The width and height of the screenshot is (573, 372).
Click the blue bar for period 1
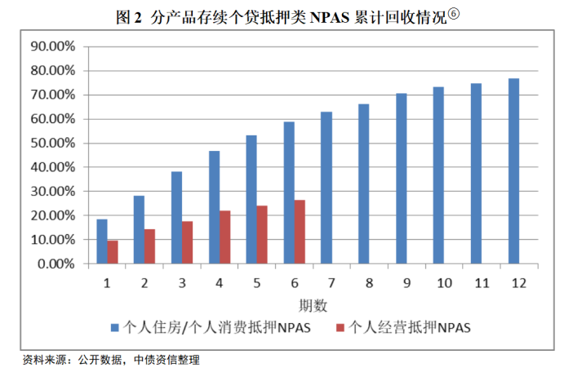pyautogui.click(x=102, y=241)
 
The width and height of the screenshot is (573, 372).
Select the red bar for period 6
pyautogui.click(x=300, y=232)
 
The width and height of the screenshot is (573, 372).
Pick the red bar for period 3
pyautogui.click(x=187, y=243)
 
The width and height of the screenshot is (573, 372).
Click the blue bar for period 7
pyautogui.click(x=326, y=188)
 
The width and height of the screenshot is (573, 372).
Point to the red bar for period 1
pyautogui.click(x=113, y=252)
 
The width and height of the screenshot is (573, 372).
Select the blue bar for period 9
pyautogui.click(x=401, y=179)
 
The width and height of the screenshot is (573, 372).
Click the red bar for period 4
pyautogui.click(x=224, y=237)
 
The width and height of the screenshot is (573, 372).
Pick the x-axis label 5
pyautogui.click(x=256, y=283)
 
